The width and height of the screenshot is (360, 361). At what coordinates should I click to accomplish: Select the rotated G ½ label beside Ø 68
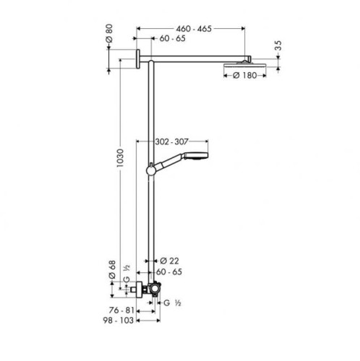[x=127, y=280]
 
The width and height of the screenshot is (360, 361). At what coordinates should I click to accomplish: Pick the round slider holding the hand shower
[x=150, y=170]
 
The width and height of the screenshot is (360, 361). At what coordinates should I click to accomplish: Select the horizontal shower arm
[x=199, y=60]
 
